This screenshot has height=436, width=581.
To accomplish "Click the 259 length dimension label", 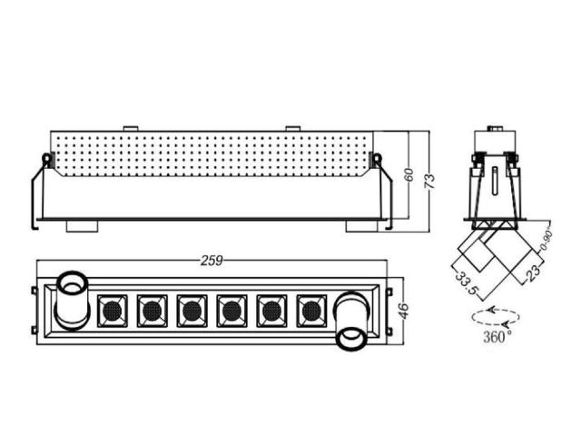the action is [212, 261].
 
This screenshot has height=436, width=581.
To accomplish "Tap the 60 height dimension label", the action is [409, 174].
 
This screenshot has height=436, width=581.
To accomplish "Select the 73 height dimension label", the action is [429, 182].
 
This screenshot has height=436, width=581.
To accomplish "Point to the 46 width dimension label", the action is [403, 311].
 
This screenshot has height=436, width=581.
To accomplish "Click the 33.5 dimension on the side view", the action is [466, 283].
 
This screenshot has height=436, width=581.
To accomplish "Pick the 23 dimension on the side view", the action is [533, 272].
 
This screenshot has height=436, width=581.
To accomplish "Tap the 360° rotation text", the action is [497, 337].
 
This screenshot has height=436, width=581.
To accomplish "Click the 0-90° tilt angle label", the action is [547, 240].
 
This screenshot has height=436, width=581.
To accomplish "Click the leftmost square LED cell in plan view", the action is [113, 311].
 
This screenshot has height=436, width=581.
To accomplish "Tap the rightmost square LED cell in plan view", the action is [311, 311].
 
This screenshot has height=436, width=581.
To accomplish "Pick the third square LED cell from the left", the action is [192, 311].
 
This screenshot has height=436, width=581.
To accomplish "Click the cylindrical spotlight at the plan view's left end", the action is [73, 301].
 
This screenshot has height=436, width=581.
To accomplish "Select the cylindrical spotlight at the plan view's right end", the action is [351, 321].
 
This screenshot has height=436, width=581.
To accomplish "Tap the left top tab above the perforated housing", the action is [131, 129].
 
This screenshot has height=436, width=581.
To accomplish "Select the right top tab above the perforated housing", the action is [292, 129].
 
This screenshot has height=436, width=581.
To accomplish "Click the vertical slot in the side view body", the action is [495, 181].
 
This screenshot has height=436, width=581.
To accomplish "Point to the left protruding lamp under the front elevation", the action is [83, 226].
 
